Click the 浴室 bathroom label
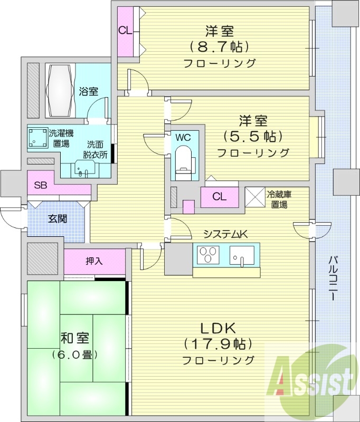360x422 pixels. (x=88, y=91)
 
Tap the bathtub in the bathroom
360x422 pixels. (x=59, y=91)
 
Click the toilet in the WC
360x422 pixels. (x=183, y=161)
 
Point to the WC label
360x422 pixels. (x=183, y=137)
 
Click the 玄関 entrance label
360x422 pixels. (x=58, y=219)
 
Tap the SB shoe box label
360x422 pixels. (x=40, y=185)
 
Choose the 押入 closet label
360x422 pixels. (x=94, y=261)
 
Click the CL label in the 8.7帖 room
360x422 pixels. (x=125, y=30)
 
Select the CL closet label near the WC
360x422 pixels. (x=220, y=197)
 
